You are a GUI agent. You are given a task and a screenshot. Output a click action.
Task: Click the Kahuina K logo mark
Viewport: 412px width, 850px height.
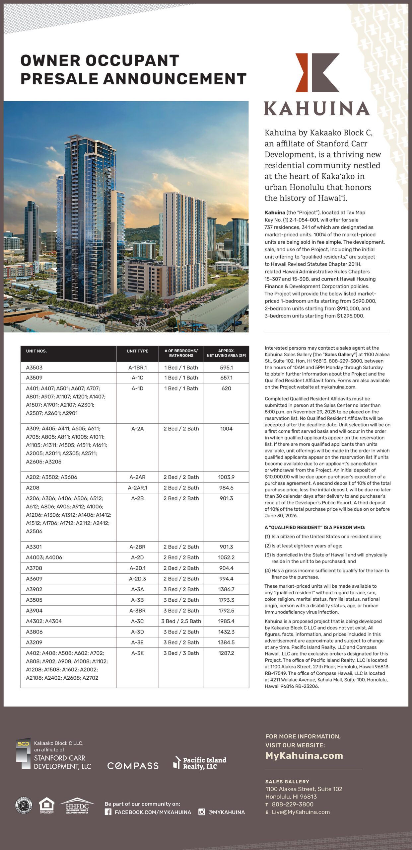(x=317, y=72)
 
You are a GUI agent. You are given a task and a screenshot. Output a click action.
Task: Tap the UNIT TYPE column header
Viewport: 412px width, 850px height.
(x=137, y=351)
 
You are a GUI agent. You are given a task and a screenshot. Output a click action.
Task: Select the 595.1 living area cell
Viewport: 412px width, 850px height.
(x=226, y=368)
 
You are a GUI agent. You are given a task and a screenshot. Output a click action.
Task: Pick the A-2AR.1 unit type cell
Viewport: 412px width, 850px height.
(x=137, y=488)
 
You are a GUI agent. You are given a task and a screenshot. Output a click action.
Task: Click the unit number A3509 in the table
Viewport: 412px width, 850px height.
(x=34, y=378)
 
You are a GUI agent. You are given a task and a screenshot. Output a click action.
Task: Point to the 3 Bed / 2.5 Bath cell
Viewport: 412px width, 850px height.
(x=181, y=621)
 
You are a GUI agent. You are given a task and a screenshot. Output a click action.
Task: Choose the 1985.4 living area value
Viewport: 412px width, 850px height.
(x=226, y=621)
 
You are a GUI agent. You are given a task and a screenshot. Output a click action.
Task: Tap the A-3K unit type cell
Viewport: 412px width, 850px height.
(x=137, y=653)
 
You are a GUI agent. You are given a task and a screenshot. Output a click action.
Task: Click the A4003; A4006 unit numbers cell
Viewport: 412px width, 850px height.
(x=44, y=557)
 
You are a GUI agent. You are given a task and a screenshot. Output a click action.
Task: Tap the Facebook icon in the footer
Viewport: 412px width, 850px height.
(x=108, y=812)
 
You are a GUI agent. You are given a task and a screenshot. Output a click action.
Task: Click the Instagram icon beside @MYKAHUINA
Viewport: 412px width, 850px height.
(x=202, y=812)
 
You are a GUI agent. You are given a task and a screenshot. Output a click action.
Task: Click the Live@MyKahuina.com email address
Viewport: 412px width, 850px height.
(x=301, y=812)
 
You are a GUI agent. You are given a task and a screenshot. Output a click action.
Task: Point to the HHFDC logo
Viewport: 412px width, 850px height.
(x=77, y=806)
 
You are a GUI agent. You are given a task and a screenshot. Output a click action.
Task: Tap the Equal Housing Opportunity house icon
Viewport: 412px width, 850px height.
(x=46, y=805)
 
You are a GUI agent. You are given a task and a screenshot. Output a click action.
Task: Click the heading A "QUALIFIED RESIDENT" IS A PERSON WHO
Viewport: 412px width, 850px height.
(x=315, y=528)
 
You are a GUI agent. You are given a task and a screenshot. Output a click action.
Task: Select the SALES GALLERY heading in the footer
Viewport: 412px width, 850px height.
(x=287, y=782)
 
